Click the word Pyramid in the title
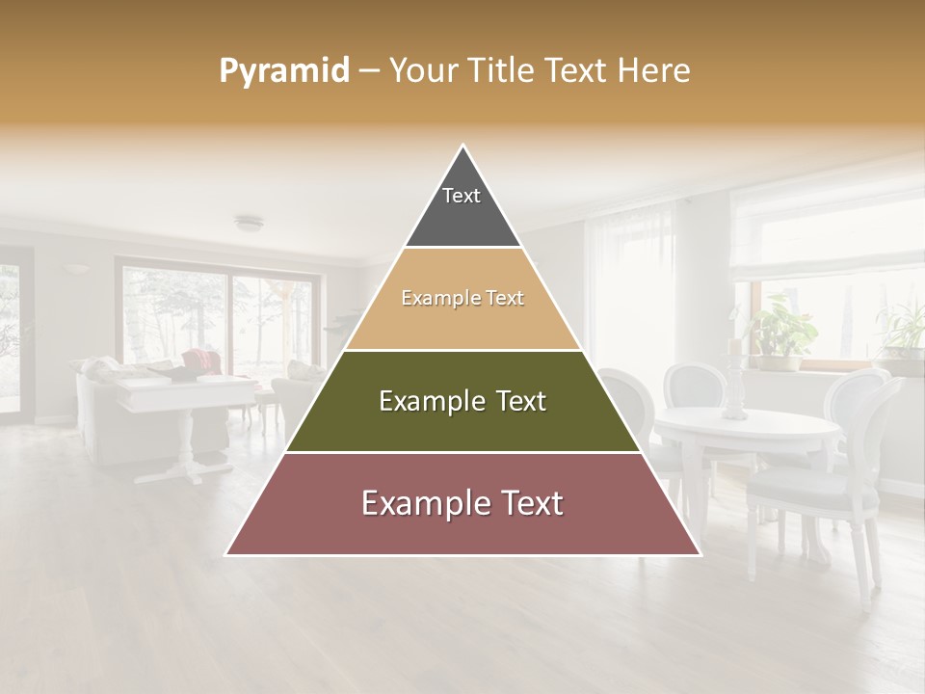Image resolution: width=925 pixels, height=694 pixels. point(284,71)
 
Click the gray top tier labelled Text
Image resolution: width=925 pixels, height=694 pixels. point(462,207)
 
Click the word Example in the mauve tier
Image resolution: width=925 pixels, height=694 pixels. point(419,503)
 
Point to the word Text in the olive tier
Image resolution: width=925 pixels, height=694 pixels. point(516,401)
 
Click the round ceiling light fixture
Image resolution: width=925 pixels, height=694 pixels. point(249,224)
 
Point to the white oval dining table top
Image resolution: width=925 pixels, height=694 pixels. point(747,425)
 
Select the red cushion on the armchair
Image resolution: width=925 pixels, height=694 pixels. point(199,360)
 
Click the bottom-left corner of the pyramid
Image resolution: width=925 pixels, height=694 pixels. point(226,554)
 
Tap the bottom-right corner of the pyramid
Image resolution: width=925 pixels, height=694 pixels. point(700,554)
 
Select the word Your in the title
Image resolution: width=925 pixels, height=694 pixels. point(420,71)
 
